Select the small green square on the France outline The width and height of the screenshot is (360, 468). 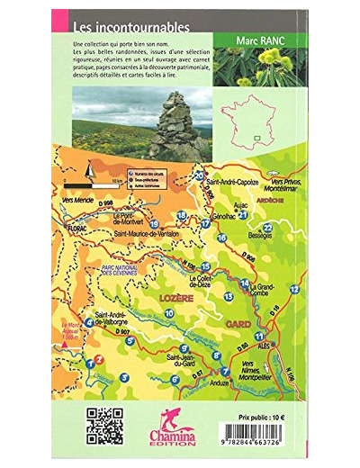point(256,137)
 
